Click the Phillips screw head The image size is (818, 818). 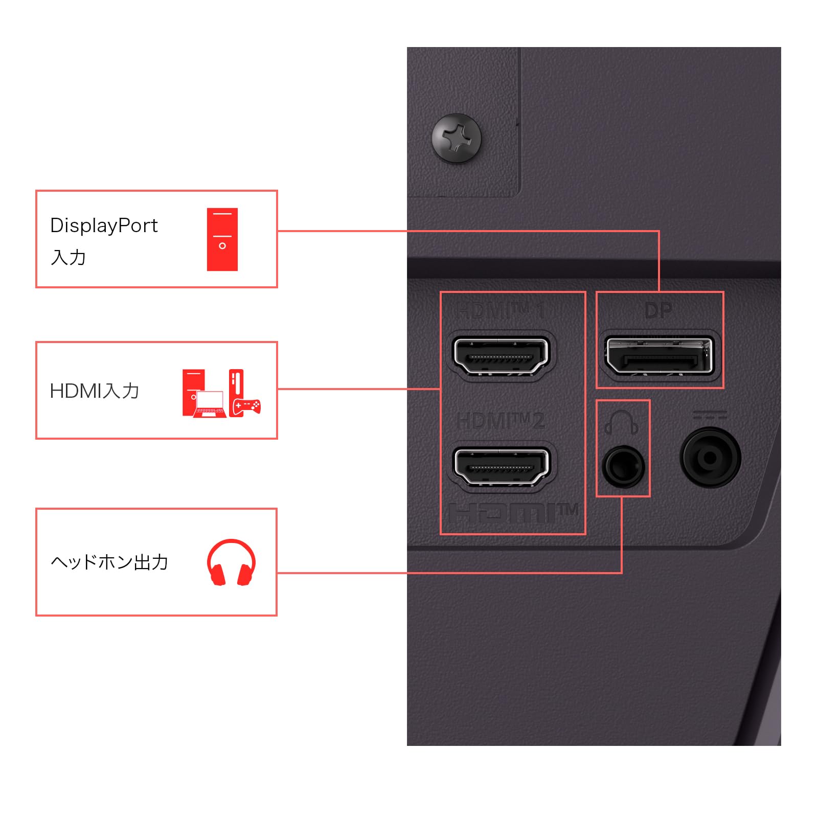click(457, 138)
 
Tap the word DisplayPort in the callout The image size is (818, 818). click(104, 225)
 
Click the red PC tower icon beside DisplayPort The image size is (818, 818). click(222, 239)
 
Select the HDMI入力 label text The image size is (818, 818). click(95, 391)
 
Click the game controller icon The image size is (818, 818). click(247, 406)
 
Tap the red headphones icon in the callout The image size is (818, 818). click(231, 562)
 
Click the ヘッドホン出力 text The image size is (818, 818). click(109, 562)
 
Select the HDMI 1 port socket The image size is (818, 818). click(501, 355)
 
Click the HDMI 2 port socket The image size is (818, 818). click(501, 466)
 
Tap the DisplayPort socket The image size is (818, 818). click(659, 355)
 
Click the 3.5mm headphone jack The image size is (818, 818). click(623, 466)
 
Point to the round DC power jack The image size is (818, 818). click(710, 458)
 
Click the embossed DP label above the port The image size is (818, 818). click(658, 310)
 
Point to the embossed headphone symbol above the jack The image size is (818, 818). click(622, 422)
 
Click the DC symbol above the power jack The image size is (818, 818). click(710, 415)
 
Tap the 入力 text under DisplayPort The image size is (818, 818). click(69, 257)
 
